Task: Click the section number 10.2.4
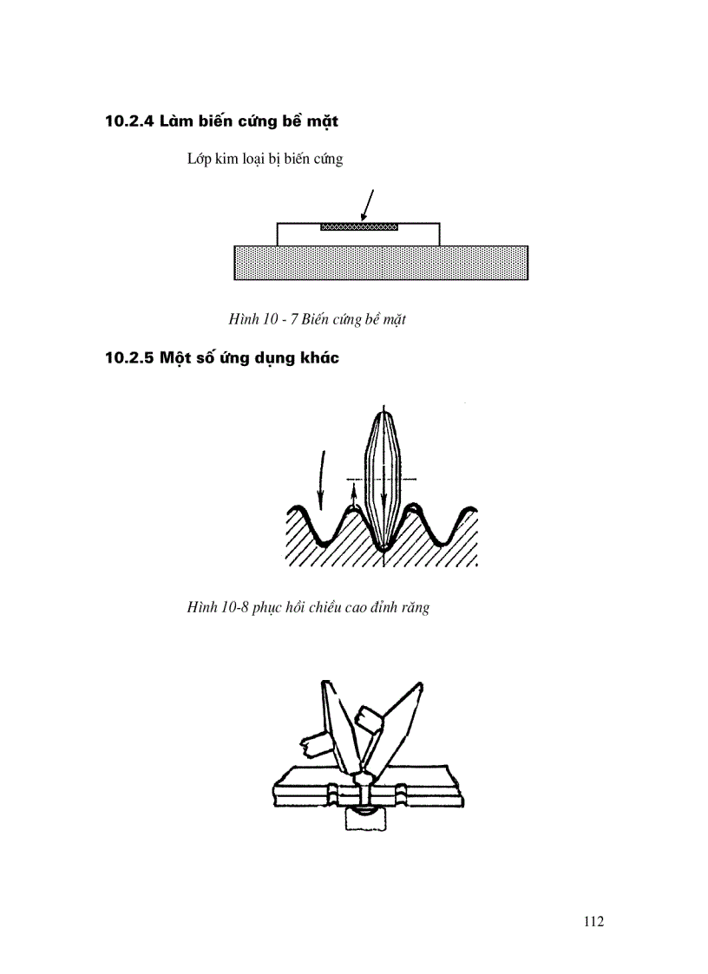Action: coord(129,121)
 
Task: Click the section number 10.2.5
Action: coord(129,358)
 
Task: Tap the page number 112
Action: coord(593,921)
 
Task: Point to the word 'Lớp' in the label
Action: coord(200,160)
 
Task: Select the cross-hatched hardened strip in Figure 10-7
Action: coord(359,227)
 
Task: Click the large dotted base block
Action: coord(381,263)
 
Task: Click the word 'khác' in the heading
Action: coord(316,358)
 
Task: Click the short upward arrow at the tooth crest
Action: coord(354,500)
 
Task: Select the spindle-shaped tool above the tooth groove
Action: coord(383,473)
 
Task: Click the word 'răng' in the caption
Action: coord(415,608)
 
